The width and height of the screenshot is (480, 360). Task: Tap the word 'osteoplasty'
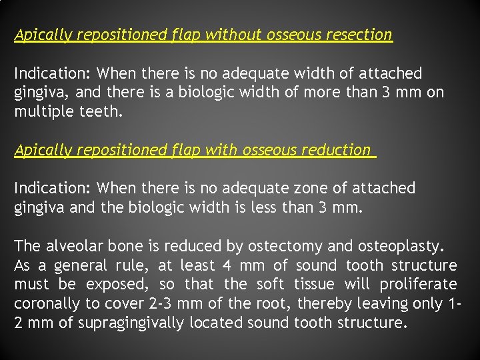coord(400,246)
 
